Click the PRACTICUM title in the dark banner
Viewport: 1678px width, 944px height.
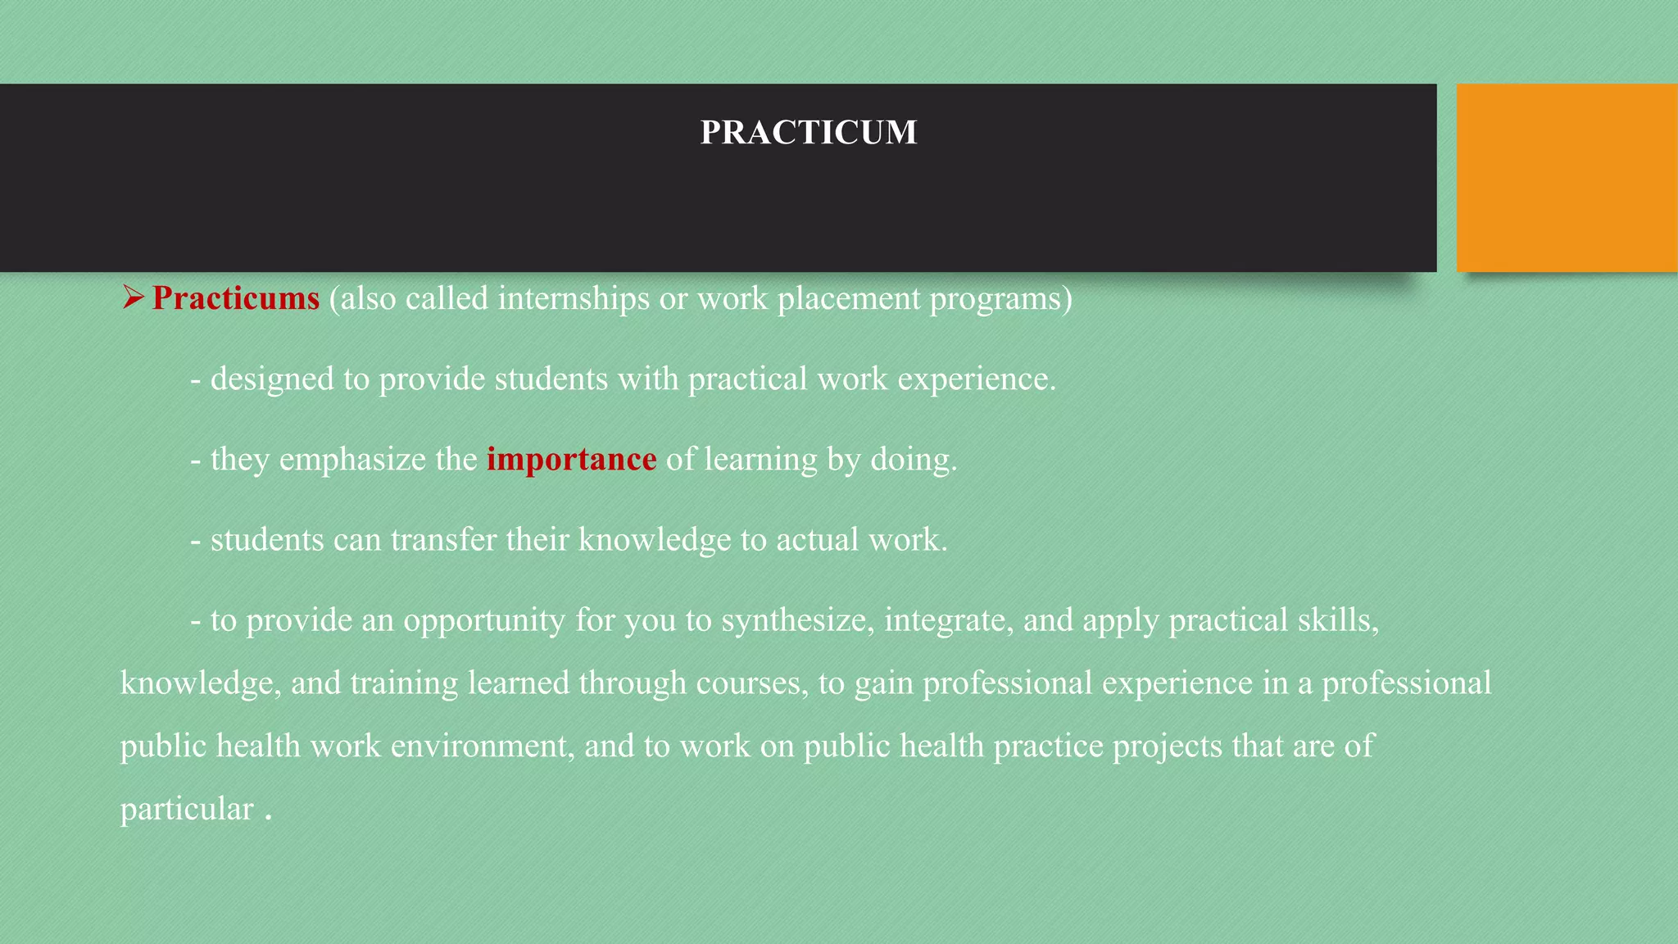point(808,133)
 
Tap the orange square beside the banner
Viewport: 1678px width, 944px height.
point(1567,177)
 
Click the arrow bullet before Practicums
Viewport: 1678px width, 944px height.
point(133,297)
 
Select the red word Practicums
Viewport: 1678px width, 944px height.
point(236,298)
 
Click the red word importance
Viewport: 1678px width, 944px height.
point(571,459)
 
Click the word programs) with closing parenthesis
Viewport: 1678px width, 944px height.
point(1000,298)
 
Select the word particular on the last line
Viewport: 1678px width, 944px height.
point(187,810)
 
